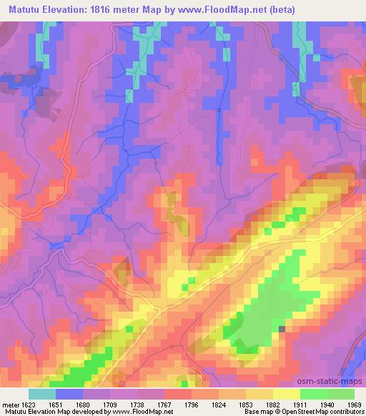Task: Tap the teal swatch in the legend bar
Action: tap(41, 394)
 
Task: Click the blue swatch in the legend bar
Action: tap(69, 394)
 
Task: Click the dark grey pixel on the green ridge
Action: tap(281, 329)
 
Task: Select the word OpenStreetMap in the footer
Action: tap(300, 412)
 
